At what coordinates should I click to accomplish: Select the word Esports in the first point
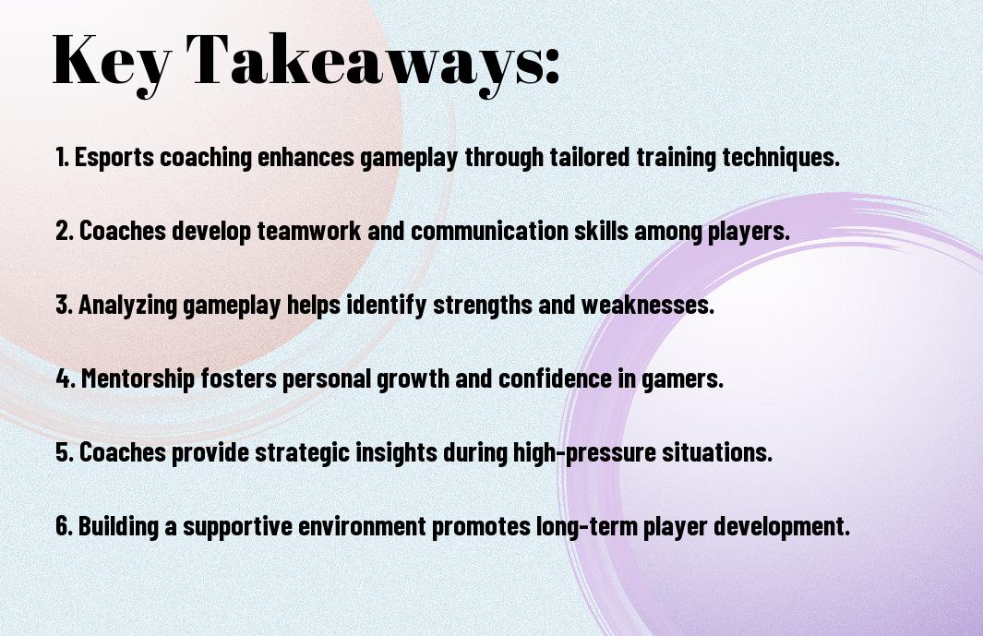pyautogui.click(x=114, y=158)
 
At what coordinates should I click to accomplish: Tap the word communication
pyautogui.click(x=489, y=231)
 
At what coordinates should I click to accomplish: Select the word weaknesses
pyautogui.click(x=648, y=305)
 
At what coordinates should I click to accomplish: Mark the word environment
pyautogui.click(x=362, y=525)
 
